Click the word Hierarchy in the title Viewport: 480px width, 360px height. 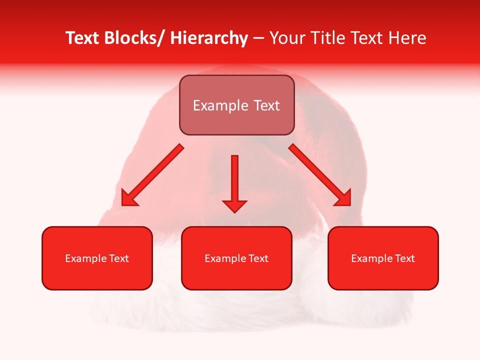[x=209, y=38]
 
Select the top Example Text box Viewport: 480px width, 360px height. [x=236, y=105]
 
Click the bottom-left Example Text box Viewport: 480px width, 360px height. [x=97, y=258]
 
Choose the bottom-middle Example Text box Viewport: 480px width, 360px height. [x=236, y=258]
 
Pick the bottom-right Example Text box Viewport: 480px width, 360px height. [x=383, y=258]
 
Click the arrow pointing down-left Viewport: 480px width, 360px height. [x=152, y=175]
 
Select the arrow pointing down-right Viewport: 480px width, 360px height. [x=320, y=175]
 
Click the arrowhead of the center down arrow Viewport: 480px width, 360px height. [x=234, y=206]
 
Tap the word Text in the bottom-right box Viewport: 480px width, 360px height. [x=405, y=258]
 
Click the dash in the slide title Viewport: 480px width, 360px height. [x=258, y=38]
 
